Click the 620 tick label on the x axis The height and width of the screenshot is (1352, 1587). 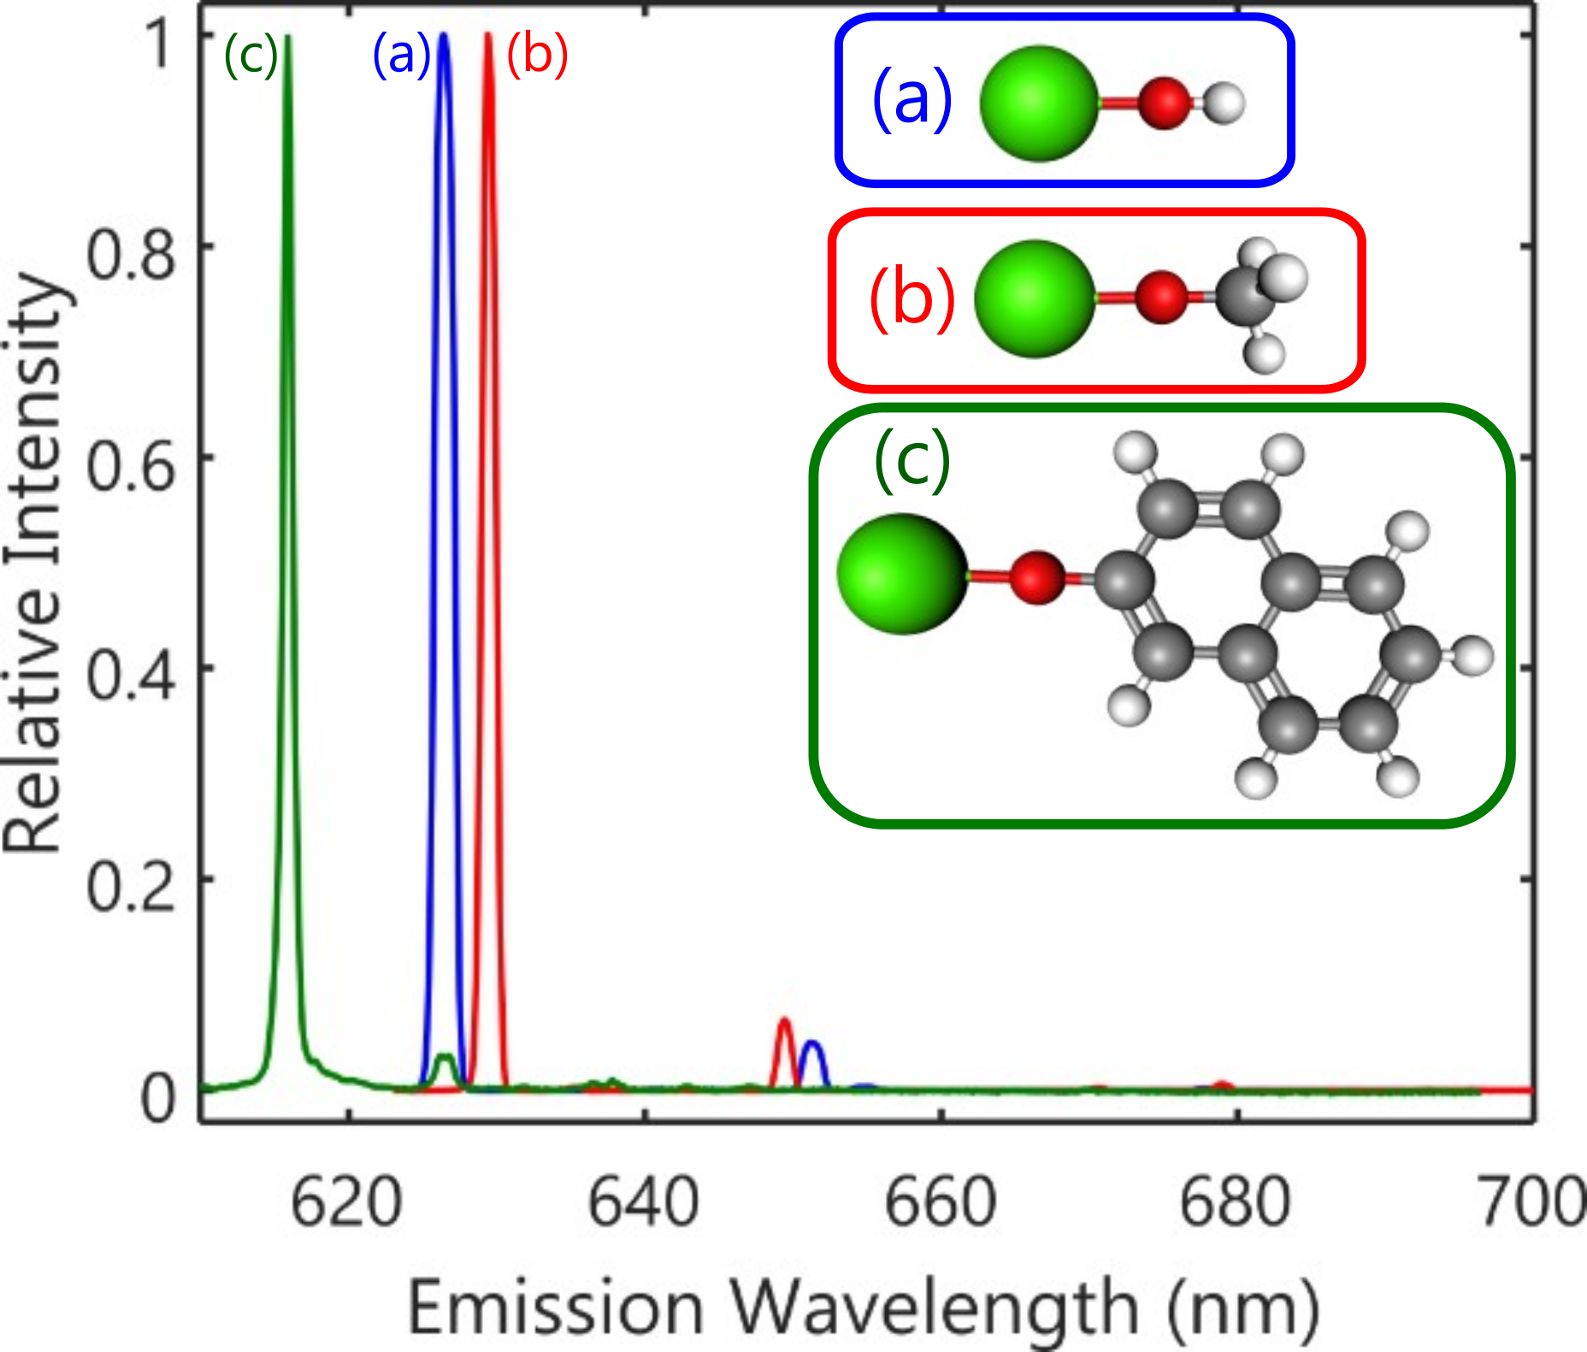pyautogui.click(x=346, y=1202)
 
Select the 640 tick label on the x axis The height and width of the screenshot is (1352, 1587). pyautogui.click(x=643, y=1202)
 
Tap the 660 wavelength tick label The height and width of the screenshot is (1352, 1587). pyautogui.click(x=940, y=1202)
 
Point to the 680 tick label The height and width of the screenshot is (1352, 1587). pyautogui.click(x=1235, y=1202)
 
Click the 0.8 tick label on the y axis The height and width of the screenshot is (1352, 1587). pyautogui.click(x=131, y=255)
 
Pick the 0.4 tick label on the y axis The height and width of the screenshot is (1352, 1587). pyautogui.click(x=131, y=675)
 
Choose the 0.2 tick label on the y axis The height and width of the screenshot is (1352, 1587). pyautogui.click(x=131, y=887)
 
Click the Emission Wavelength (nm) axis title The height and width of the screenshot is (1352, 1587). pyautogui.click(x=864, y=1306)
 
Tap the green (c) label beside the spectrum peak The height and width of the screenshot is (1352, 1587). pyautogui.click(x=251, y=56)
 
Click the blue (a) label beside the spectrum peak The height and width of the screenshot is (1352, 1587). pyautogui.click(x=401, y=55)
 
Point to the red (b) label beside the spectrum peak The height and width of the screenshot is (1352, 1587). pyautogui.click(x=537, y=55)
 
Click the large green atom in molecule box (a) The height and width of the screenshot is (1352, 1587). pyautogui.click(x=1038, y=103)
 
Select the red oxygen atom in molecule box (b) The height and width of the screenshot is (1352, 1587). pyautogui.click(x=1161, y=298)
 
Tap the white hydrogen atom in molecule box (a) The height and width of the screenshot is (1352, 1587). pyautogui.click(x=1224, y=103)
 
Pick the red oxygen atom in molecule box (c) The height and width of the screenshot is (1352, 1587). pyautogui.click(x=1036, y=577)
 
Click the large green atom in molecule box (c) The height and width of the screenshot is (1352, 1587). pyautogui.click(x=902, y=574)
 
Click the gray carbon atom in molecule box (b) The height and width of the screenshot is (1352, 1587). pyautogui.click(x=1243, y=297)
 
